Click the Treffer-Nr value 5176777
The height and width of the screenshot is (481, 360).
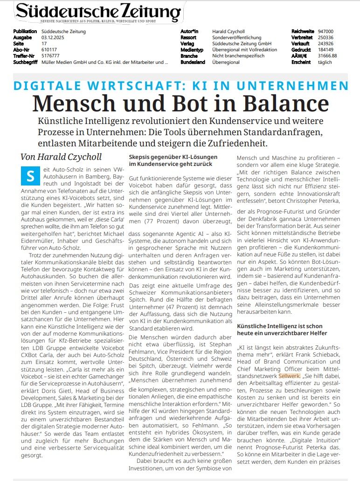pyautogui.click(x=51, y=55)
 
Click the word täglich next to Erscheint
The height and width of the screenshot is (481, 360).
pyautogui.click(x=325, y=62)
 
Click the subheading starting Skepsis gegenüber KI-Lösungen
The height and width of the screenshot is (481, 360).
pyautogui.click(x=173, y=161)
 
